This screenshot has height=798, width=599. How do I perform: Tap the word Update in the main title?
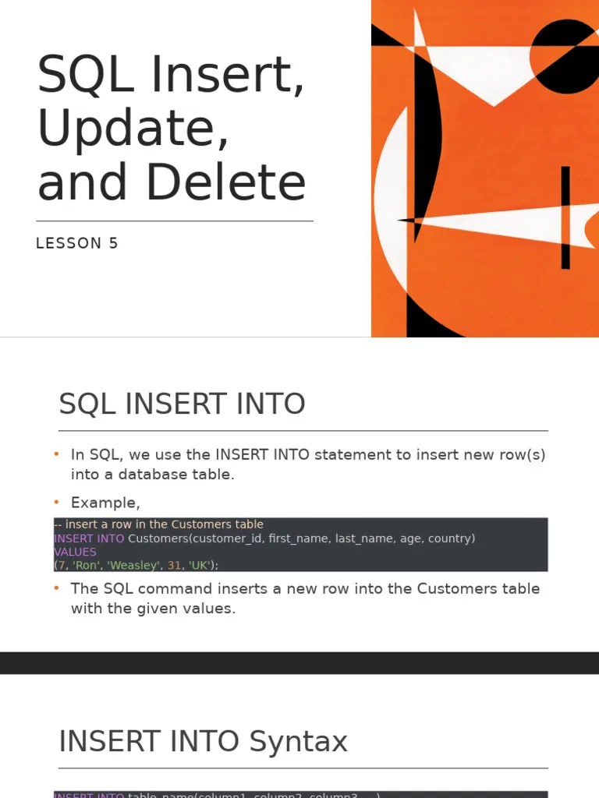(x=133, y=129)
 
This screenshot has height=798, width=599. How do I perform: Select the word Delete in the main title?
(x=226, y=182)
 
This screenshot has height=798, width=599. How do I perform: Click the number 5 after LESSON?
(x=114, y=243)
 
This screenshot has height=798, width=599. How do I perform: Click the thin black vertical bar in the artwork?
(x=565, y=217)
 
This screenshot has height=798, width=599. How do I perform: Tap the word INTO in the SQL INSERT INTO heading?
(x=273, y=404)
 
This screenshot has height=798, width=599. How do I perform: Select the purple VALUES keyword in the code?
(x=75, y=552)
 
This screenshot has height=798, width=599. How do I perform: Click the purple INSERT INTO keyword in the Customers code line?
(x=89, y=538)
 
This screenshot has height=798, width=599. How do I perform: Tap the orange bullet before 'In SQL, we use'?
(x=57, y=454)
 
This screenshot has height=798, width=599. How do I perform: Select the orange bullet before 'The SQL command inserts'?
(x=57, y=588)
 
